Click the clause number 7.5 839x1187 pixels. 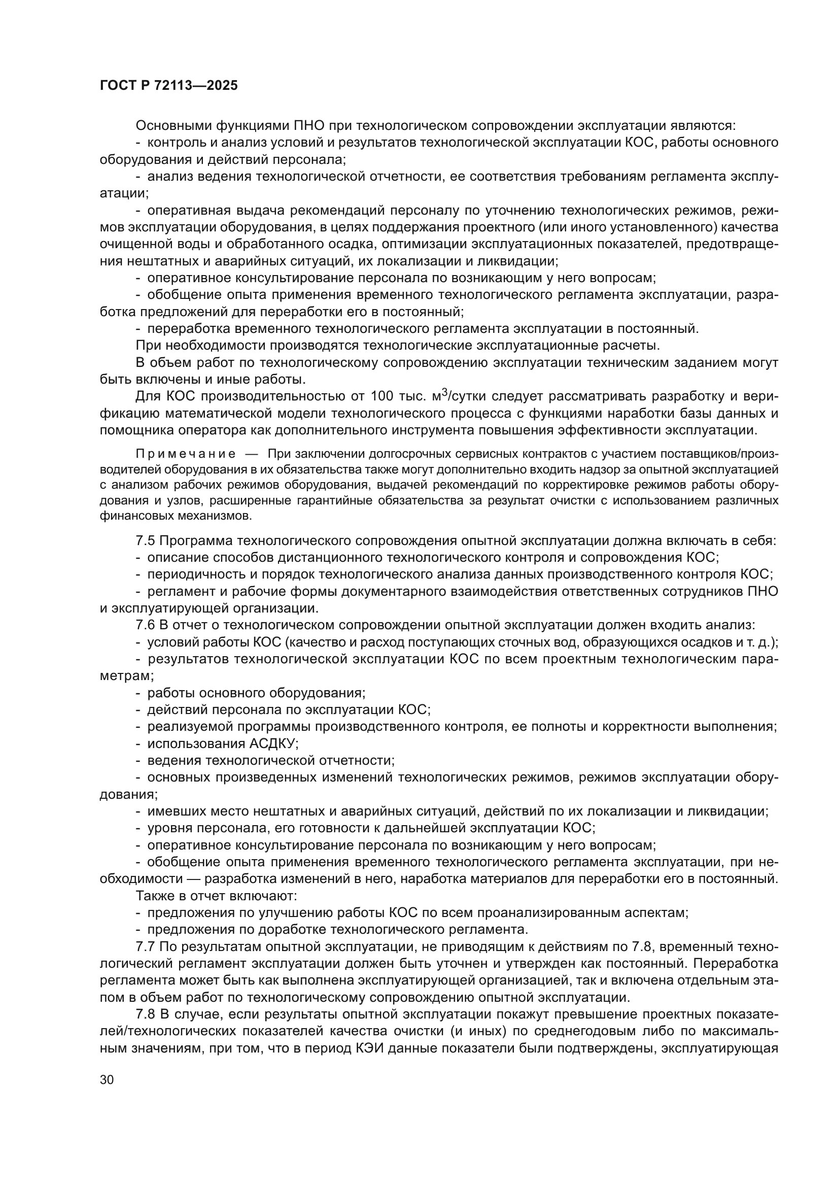pyautogui.click(x=145, y=541)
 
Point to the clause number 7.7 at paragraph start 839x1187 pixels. pyautogui.click(x=145, y=947)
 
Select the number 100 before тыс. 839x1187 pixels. pyautogui.click(x=383, y=397)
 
